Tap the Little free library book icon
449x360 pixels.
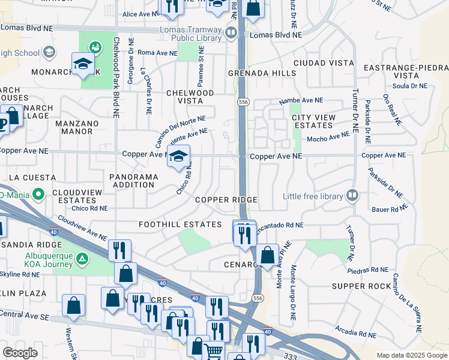tap(352, 196)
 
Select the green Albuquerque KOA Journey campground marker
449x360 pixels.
tap(83, 260)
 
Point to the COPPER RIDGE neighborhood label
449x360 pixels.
tap(226, 200)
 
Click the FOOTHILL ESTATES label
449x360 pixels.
tap(180, 224)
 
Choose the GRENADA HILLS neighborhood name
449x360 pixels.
tap(262, 73)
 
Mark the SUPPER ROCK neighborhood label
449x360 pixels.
tap(362, 286)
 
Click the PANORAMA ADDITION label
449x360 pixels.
tap(133, 181)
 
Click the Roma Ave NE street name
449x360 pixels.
tap(157, 53)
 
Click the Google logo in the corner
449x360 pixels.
tap(20, 353)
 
